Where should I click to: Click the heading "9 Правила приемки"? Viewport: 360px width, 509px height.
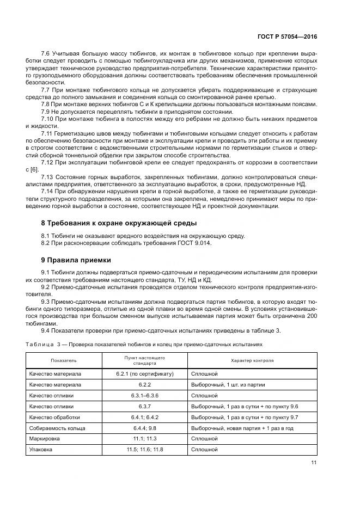76,260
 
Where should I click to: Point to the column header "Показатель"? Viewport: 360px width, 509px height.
64,360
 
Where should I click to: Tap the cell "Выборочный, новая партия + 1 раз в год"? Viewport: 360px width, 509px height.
242,428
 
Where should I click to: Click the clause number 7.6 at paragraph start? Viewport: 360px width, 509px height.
46,53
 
